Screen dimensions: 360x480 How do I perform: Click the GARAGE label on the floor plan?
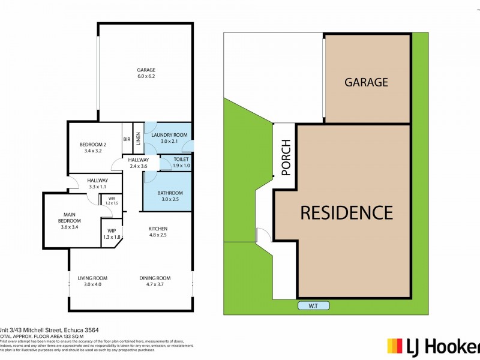click(146, 70)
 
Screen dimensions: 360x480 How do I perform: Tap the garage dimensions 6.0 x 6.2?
click(146, 77)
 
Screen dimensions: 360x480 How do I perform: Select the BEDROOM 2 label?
click(93, 144)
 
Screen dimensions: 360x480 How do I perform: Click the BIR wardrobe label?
click(127, 139)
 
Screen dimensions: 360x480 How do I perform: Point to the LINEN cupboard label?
click(138, 139)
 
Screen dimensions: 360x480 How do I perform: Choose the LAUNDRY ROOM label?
click(169, 135)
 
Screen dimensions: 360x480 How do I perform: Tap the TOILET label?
click(181, 158)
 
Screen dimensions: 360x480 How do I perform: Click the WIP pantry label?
click(112, 230)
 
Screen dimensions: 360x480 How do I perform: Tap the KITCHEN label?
click(158, 229)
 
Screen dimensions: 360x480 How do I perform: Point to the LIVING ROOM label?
click(92, 278)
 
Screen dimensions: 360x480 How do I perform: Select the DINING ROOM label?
click(155, 278)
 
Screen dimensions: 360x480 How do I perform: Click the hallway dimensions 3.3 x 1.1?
click(97, 187)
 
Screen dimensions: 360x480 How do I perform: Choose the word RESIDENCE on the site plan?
click(346, 212)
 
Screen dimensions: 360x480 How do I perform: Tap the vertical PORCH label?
click(286, 158)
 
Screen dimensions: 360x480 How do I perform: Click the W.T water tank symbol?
click(313, 306)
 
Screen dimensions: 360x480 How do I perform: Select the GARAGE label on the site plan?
click(366, 82)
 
